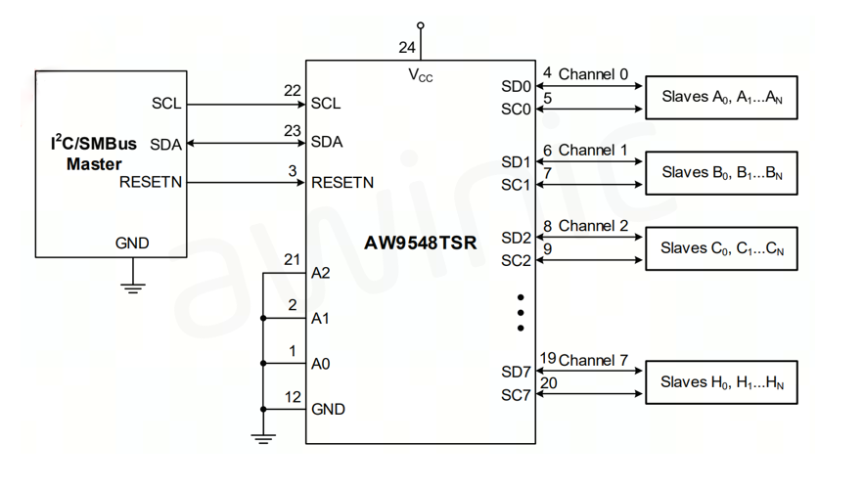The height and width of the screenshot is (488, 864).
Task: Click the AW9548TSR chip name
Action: tap(421, 243)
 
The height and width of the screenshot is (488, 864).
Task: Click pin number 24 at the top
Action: tap(406, 46)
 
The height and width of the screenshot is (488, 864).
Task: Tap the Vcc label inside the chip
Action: tap(420, 75)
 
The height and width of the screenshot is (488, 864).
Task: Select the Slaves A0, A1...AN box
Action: tap(721, 97)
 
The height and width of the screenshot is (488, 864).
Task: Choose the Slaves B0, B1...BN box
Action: tap(721, 173)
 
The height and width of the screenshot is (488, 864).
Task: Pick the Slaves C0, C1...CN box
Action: tap(721, 248)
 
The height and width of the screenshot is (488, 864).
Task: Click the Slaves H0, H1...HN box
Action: tap(721, 382)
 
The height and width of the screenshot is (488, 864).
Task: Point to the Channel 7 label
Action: tap(593, 360)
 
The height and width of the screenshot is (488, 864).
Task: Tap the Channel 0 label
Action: tap(593, 73)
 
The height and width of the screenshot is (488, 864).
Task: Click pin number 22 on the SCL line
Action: tap(292, 91)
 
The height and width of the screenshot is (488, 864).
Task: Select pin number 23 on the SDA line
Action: tap(292, 129)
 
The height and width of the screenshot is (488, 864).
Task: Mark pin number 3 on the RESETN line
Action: tap(293, 170)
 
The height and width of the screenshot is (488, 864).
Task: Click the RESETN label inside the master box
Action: tap(151, 182)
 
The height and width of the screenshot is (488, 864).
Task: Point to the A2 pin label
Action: tap(321, 273)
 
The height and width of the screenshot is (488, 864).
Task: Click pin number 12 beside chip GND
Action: tap(292, 396)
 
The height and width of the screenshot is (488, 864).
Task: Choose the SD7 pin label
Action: tap(516, 372)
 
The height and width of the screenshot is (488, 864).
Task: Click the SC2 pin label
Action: tap(516, 261)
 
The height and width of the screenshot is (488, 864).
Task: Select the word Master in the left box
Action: tap(94, 164)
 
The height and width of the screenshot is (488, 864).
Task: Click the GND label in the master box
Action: tap(132, 243)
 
